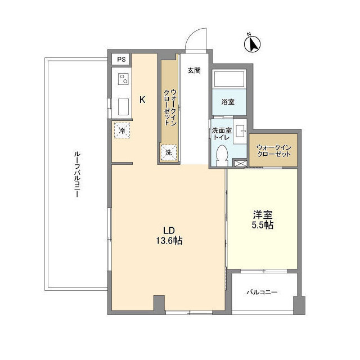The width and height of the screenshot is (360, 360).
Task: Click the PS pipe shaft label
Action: click(x=121, y=60)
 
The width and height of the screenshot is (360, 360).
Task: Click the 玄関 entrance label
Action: click(x=194, y=70)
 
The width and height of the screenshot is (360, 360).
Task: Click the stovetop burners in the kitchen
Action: click(x=124, y=79)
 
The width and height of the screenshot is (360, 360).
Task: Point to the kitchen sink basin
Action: click(x=124, y=106)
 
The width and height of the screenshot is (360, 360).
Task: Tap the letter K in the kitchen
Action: click(x=142, y=100)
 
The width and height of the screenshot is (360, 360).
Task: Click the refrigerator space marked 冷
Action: click(x=122, y=130)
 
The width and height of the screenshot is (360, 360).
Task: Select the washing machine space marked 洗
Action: click(x=169, y=152)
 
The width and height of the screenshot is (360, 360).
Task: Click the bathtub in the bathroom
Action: click(x=229, y=79)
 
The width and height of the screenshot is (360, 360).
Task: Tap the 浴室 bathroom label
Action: click(x=228, y=102)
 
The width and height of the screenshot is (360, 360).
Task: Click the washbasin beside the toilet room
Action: click(x=240, y=131)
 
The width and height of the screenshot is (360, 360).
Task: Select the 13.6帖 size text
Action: click(x=169, y=241)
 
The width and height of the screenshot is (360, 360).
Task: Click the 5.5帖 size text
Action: click(x=263, y=225)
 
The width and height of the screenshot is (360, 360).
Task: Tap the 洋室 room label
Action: click(x=263, y=215)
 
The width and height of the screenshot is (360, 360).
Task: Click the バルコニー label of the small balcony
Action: click(x=262, y=292)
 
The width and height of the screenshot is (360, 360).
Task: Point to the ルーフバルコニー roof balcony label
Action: click(x=77, y=174)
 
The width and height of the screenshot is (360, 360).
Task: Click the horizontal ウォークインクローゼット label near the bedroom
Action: click(x=274, y=151)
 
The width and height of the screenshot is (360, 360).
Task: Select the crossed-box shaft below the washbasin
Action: click(x=240, y=163)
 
